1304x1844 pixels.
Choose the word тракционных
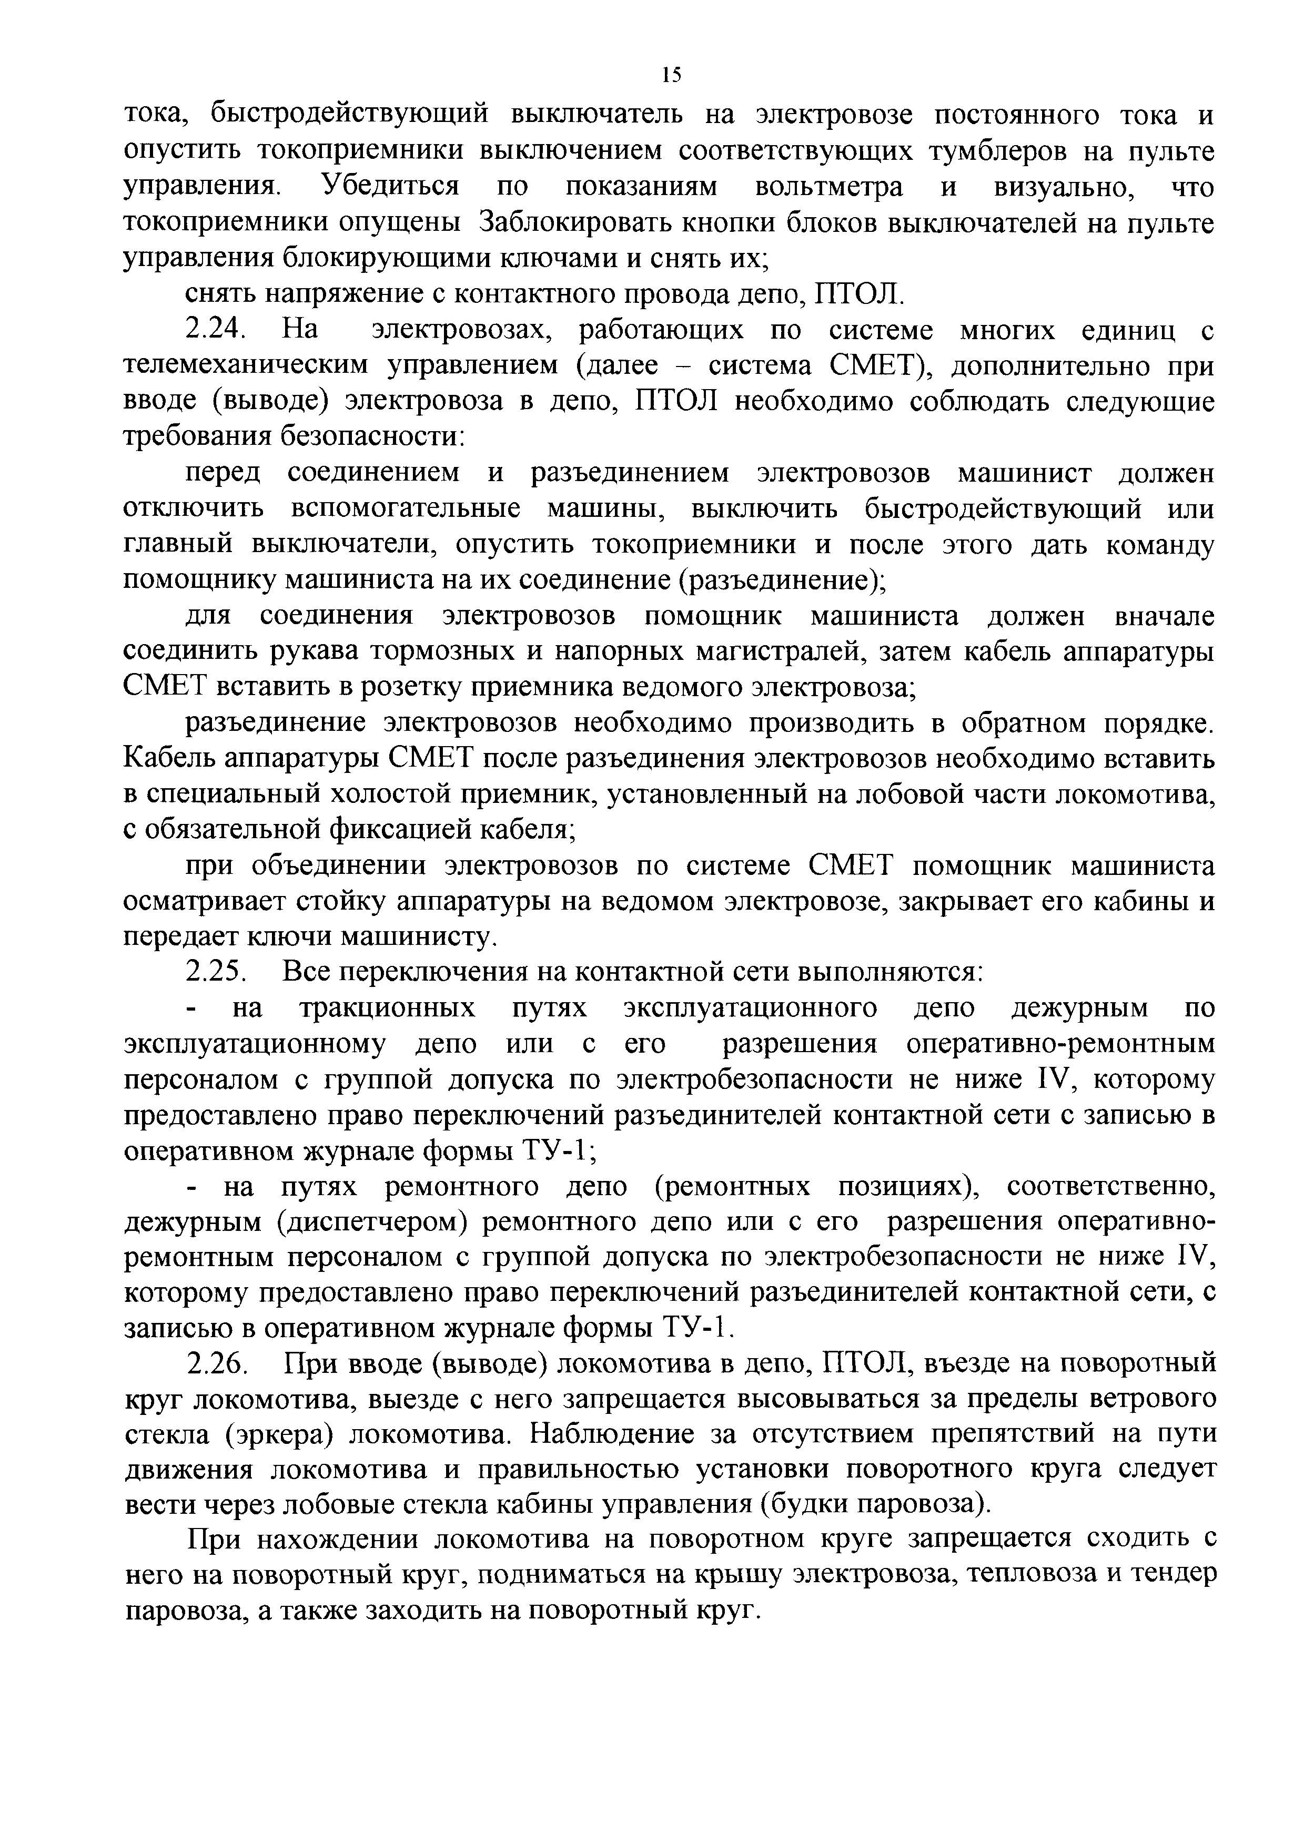(x=387, y=1008)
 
